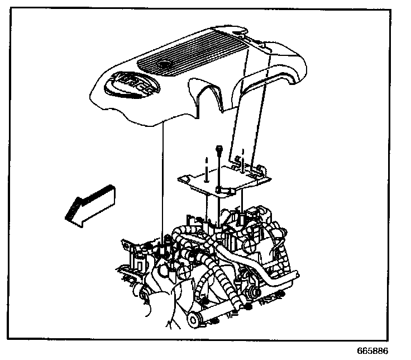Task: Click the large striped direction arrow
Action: point(90,203)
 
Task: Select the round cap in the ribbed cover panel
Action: point(164,67)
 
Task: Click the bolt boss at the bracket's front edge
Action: point(222,192)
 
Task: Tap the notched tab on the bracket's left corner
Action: point(181,179)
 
